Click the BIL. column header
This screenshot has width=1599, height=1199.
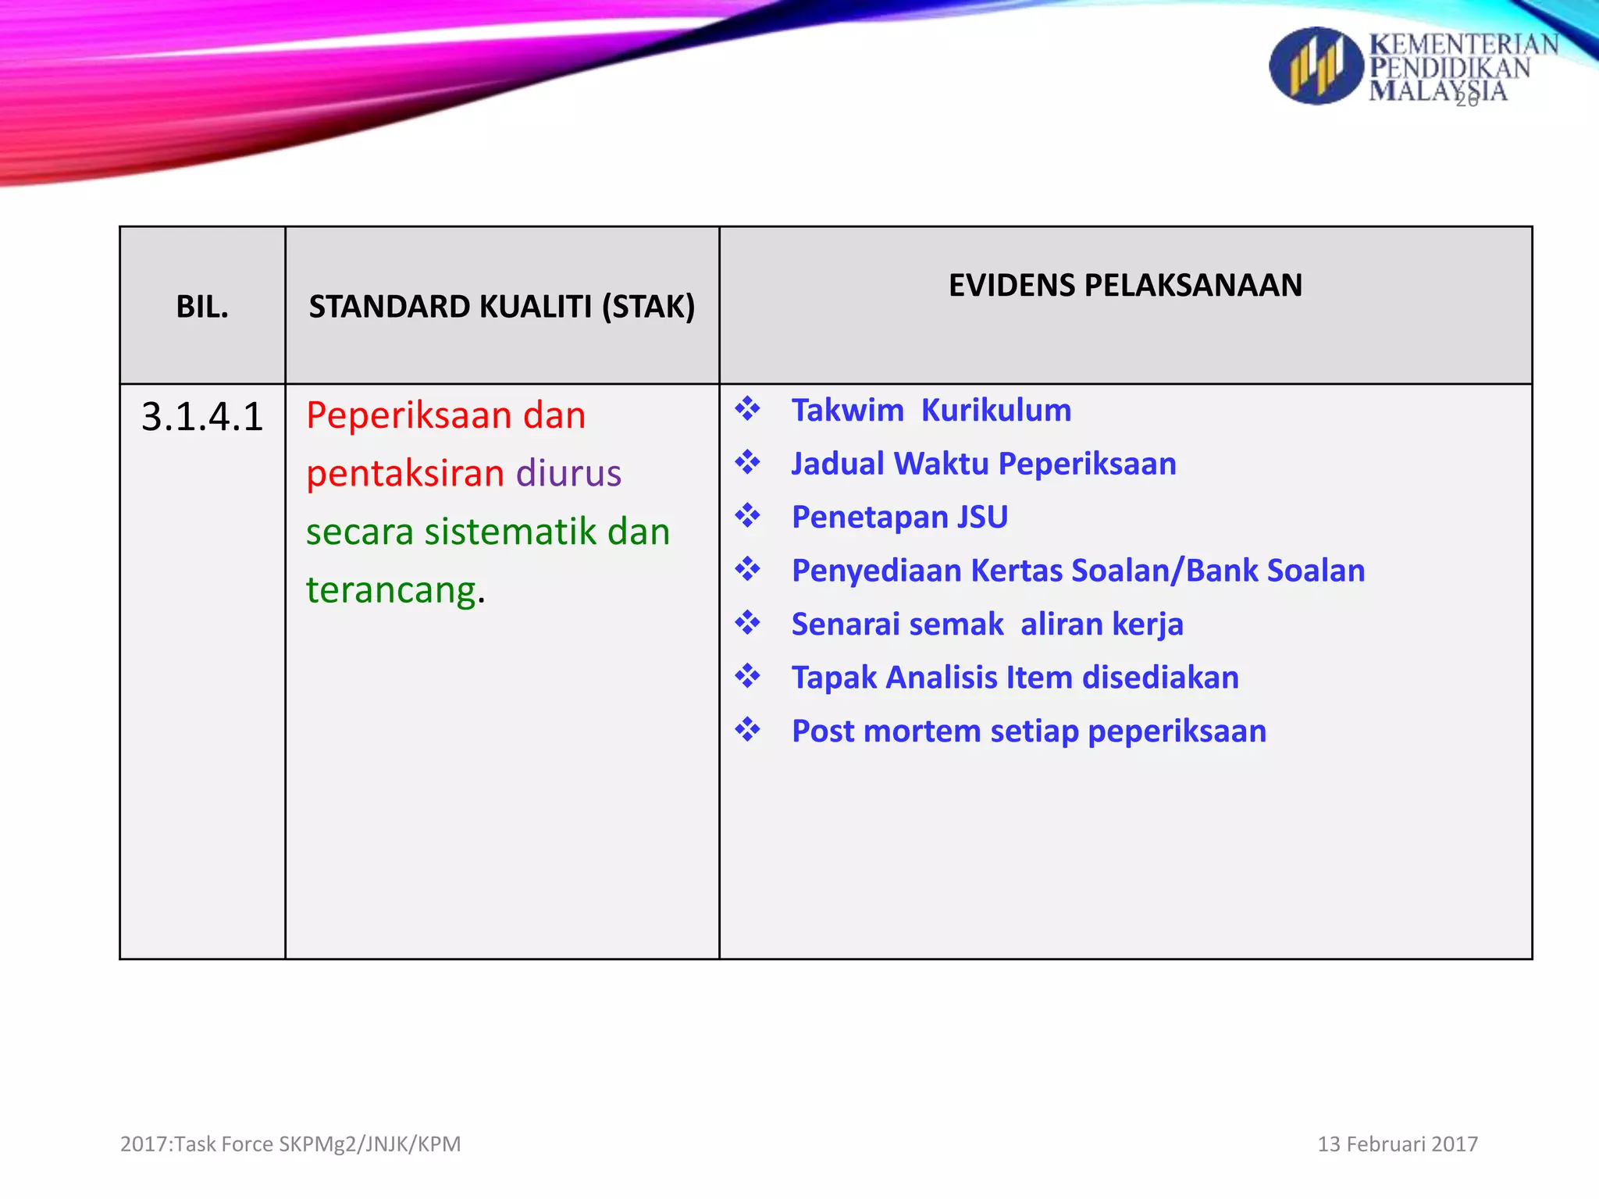[x=202, y=307]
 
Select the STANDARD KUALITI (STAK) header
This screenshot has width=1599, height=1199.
[x=501, y=307]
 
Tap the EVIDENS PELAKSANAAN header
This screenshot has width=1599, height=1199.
[x=1125, y=286]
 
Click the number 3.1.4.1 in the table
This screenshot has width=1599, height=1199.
[x=202, y=417]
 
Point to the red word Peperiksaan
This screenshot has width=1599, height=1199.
[x=408, y=415]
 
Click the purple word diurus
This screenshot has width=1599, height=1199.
[x=568, y=474]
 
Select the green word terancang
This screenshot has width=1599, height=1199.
[x=391, y=590]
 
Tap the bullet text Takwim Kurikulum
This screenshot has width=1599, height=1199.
[x=931, y=411]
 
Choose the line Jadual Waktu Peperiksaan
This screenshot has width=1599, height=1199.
[x=983, y=464]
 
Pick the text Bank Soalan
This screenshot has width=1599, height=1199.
[x=1275, y=571]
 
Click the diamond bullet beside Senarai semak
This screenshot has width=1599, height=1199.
[x=747, y=623]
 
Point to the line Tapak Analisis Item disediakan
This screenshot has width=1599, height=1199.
[x=1014, y=678]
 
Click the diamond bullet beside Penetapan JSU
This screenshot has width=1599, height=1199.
[x=747, y=516]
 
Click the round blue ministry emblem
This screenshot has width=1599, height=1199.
[x=1316, y=66]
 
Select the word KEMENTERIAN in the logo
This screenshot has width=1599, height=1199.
[x=1463, y=44]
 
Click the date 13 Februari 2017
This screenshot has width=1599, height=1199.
[x=1397, y=1144]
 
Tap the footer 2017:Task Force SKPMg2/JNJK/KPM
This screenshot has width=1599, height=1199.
[x=290, y=1144]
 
